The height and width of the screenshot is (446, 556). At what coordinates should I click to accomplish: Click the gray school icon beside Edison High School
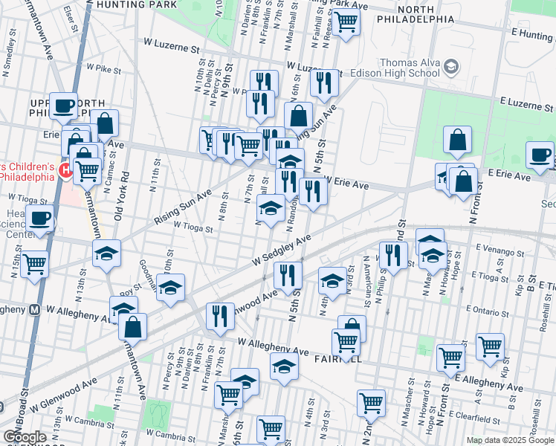tap(450, 68)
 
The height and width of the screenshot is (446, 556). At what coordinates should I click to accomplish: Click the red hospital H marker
tap(65, 172)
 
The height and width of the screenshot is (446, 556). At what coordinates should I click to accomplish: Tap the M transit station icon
tap(34, 311)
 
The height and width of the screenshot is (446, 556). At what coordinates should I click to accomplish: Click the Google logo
tap(25, 437)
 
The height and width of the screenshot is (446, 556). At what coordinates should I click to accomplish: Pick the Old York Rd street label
tap(118, 200)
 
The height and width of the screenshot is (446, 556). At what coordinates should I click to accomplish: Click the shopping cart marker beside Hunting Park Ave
tap(346, 22)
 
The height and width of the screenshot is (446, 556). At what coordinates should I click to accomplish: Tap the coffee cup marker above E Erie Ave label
tap(540, 154)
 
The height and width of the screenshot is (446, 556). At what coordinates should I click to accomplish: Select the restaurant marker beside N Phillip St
tap(392, 255)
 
